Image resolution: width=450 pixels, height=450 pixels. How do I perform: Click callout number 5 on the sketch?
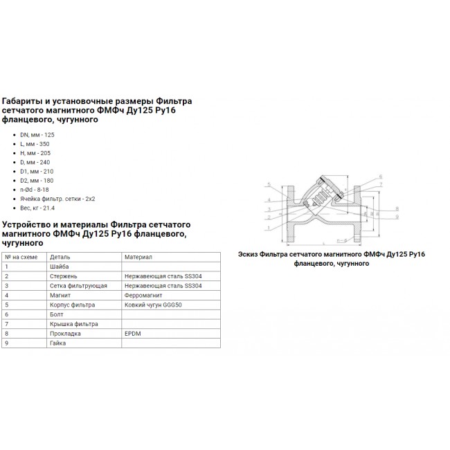point(268,184)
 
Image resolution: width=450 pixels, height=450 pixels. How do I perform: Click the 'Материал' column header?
point(138,256)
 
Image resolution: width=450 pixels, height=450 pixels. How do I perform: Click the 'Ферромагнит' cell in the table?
point(141,295)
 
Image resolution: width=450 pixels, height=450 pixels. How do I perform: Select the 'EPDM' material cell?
point(132,334)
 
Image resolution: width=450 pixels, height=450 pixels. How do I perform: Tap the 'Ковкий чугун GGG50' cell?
point(151,305)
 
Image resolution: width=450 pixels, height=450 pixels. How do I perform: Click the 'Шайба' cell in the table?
point(59,266)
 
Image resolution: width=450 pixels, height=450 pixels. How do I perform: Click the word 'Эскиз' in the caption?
point(249,254)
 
